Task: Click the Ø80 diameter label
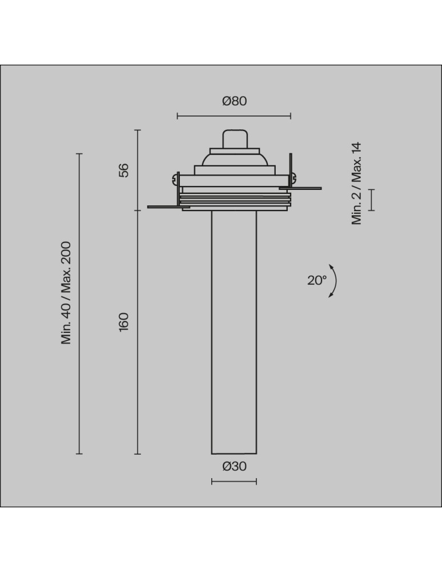[234, 101]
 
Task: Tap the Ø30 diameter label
[234, 466]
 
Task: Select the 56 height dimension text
[124, 170]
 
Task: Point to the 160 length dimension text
[124, 321]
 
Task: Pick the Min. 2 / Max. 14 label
[357, 184]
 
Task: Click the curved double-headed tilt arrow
[333, 281]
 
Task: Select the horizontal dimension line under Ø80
[234, 116]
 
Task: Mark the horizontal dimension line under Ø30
[234, 482]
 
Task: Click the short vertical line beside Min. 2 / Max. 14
[372, 200]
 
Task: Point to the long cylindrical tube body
[234, 332]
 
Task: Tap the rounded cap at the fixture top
[234, 139]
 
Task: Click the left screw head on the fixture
[174, 180]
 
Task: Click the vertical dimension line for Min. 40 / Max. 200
[79, 303]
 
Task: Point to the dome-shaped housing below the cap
[234, 158]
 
